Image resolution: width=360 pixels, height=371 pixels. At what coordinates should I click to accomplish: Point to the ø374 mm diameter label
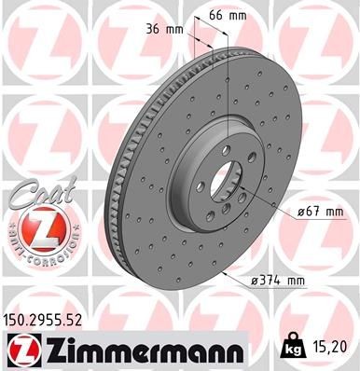[278, 280]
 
